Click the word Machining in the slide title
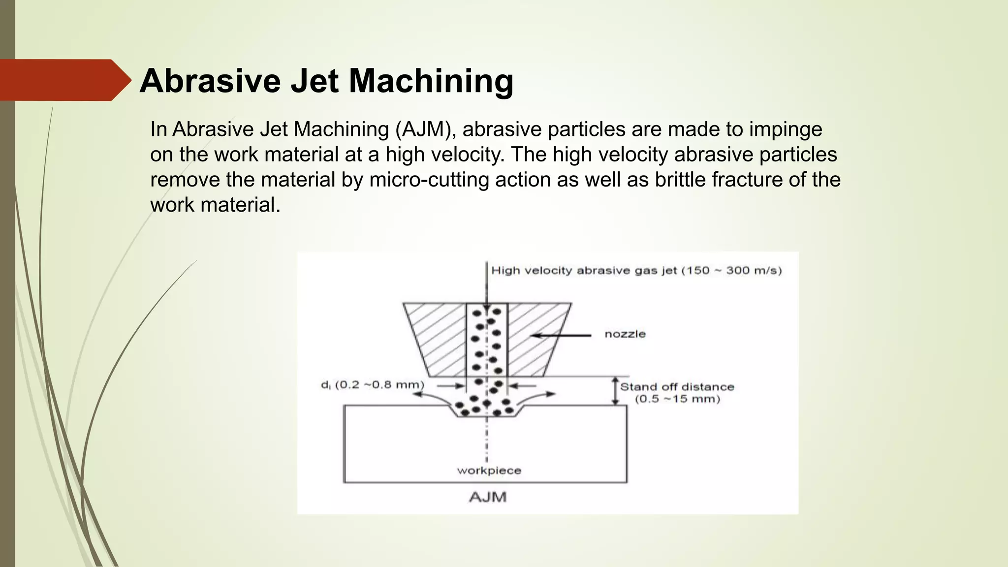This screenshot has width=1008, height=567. pos(431,81)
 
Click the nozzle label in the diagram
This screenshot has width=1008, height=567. pos(625,334)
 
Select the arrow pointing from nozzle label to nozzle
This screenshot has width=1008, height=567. pos(561,336)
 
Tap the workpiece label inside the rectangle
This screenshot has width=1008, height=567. pos(489,471)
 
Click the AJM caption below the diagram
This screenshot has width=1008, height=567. pos(487,497)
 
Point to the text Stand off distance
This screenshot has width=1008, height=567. pos(677,387)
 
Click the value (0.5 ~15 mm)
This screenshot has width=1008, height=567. pos(677,399)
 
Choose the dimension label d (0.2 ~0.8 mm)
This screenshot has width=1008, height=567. pos(373,385)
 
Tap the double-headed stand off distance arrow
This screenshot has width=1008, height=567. pos(615,391)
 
